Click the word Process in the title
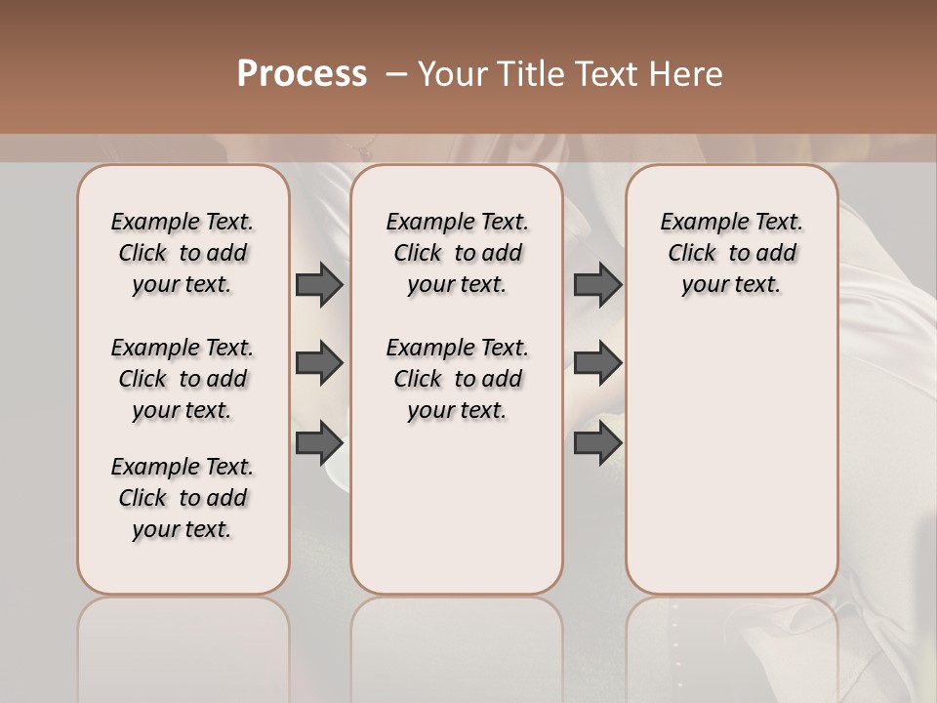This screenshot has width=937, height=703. pyautogui.click(x=302, y=74)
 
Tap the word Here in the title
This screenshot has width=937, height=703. pyautogui.click(x=688, y=74)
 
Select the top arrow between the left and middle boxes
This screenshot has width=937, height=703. pyautogui.click(x=319, y=284)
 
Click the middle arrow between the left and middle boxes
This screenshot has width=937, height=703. pyautogui.click(x=319, y=364)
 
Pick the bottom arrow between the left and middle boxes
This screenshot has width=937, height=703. pyautogui.click(x=319, y=443)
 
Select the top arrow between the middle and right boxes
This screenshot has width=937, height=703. pyautogui.click(x=597, y=284)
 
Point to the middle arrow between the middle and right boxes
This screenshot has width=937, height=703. pyautogui.click(x=597, y=364)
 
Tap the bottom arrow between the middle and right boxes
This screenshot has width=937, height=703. pyautogui.click(x=597, y=443)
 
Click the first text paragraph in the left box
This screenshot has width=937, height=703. pyautogui.click(x=183, y=253)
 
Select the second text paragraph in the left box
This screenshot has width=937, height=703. pyautogui.click(x=183, y=379)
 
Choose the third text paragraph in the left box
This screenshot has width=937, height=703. pyautogui.click(x=183, y=498)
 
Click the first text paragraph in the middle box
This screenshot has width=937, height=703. pyautogui.click(x=458, y=253)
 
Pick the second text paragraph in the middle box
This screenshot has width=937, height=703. pyautogui.click(x=458, y=379)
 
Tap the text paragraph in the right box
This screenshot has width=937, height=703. pyautogui.click(x=732, y=253)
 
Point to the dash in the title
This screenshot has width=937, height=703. pyautogui.click(x=396, y=74)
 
